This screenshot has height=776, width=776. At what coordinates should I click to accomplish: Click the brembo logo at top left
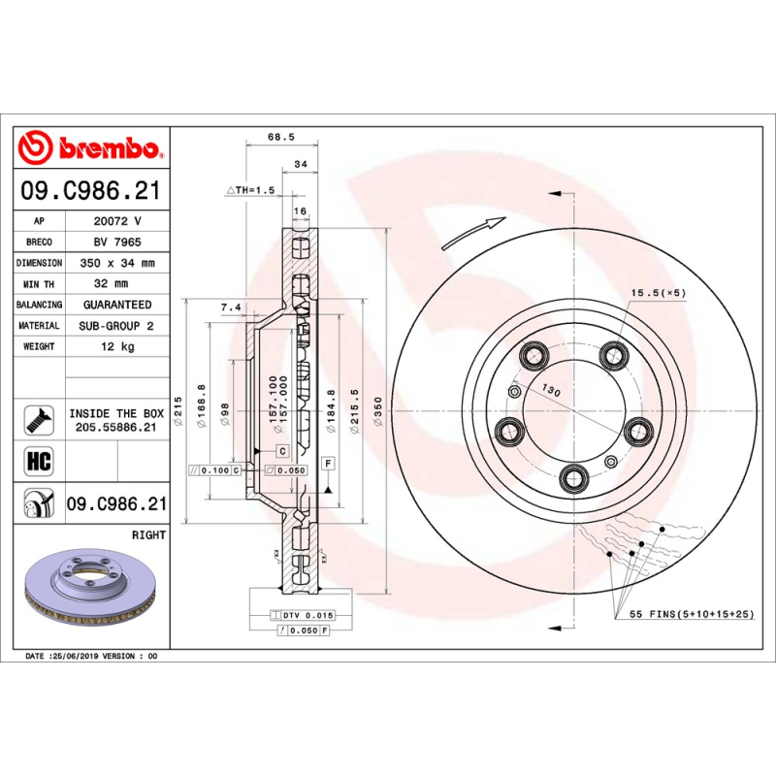click(90, 148)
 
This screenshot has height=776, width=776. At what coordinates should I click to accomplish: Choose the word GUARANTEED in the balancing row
click(117, 305)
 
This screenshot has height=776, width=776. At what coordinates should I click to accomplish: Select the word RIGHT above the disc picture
click(148, 534)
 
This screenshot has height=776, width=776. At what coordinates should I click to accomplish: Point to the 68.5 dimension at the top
click(280, 138)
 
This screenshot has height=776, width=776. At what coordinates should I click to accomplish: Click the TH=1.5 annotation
click(251, 190)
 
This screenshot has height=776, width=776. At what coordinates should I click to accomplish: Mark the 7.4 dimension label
click(231, 307)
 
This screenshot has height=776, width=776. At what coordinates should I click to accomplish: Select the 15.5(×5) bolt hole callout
click(659, 292)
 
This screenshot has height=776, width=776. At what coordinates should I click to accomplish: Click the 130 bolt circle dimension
click(552, 390)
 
